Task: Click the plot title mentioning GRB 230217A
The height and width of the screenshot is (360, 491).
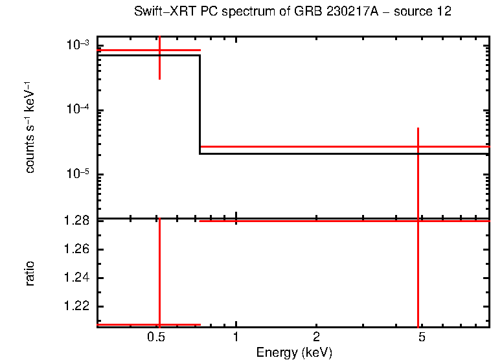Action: pos(293,12)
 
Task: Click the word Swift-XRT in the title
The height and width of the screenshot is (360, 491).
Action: pos(160,12)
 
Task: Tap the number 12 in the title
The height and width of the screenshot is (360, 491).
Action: pos(444,12)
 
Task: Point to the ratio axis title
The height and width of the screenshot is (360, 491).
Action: pos(30,273)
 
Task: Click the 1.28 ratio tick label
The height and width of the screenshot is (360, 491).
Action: pos(76,221)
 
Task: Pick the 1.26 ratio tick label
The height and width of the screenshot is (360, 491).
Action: pos(76,249)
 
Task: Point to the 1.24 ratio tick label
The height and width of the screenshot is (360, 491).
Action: pos(76,278)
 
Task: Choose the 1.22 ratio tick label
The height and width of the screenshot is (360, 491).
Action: pos(76,306)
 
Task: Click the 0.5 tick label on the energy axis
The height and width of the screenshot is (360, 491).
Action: pos(156,337)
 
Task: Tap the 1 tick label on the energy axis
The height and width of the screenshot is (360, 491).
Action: pos(236,337)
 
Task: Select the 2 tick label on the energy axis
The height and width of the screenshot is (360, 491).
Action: pos(315,337)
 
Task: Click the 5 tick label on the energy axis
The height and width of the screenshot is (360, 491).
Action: pos(422,337)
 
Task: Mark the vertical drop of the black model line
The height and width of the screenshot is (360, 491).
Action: pos(200,104)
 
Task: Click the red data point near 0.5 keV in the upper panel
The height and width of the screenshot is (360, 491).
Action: pos(159,50)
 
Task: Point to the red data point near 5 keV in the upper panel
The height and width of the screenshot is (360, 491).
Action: pos(418,147)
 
